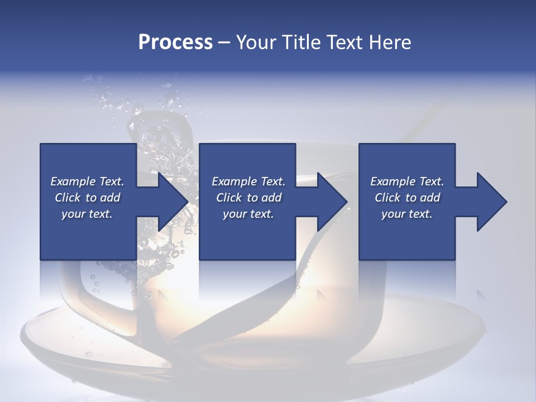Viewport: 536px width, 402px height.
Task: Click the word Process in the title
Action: coord(175,42)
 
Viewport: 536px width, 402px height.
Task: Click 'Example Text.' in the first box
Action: coord(87,181)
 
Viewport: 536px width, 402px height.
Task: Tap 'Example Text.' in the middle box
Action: coord(248,181)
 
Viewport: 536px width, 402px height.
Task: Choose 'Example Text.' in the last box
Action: coord(407,181)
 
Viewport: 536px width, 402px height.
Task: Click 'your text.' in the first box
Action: coord(87,214)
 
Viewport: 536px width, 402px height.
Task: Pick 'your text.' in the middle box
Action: coord(248,214)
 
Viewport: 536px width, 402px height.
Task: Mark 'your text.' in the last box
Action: coord(407,214)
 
